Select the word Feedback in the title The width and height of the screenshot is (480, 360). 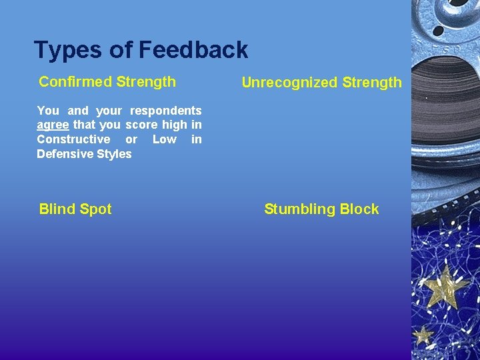(193, 50)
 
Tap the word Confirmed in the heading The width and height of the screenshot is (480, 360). (75, 82)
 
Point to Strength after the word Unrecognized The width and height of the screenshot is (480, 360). (372, 83)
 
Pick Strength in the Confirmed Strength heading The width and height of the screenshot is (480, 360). (146, 82)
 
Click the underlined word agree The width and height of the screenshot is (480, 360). (53, 125)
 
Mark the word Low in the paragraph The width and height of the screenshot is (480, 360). (164, 139)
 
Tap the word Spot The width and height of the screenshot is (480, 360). (95, 209)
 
